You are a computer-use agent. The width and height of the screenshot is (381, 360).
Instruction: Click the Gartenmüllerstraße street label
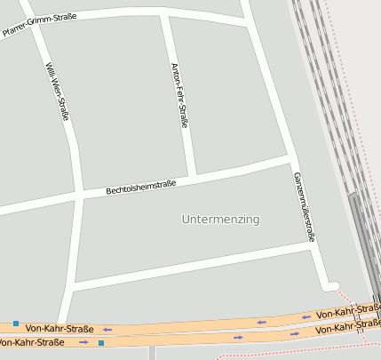pyautogui.click(x=304, y=206)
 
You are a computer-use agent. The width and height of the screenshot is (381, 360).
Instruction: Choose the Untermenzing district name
pyautogui.click(x=220, y=219)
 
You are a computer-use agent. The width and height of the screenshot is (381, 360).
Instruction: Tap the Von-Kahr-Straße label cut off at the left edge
pyautogui.click(x=30, y=342)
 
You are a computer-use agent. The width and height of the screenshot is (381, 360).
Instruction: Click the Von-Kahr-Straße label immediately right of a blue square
pyautogui.click(x=60, y=328)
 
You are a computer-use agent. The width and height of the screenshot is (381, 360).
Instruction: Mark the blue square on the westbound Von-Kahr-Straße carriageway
pyautogui.click(x=16, y=324)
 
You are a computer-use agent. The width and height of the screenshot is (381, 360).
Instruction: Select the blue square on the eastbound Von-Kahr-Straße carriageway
pyautogui.click(x=101, y=342)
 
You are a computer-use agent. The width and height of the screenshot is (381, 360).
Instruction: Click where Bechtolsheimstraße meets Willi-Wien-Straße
pyautogui.click(x=79, y=193)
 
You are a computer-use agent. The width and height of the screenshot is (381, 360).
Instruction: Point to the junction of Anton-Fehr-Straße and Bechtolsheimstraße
pyautogui.click(x=191, y=174)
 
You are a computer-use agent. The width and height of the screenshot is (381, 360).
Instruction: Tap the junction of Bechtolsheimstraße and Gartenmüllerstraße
pyautogui.click(x=293, y=158)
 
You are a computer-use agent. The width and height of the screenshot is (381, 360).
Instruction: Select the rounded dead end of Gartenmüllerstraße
pyautogui.click(x=332, y=285)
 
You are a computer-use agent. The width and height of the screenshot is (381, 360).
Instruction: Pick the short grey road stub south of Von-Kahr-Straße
pyautogui.click(x=152, y=352)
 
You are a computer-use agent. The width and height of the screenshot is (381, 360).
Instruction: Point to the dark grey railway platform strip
pyautogui.click(x=362, y=240)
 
